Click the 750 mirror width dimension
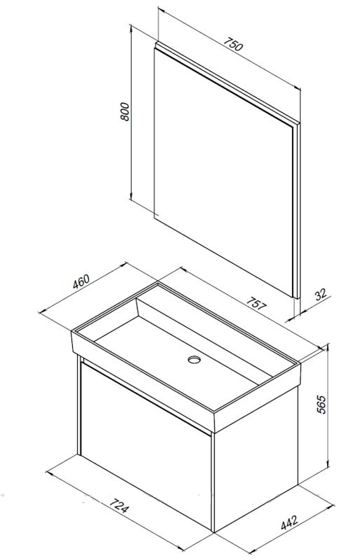pyautogui.click(x=233, y=44)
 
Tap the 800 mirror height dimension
pyautogui.click(x=124, y=111)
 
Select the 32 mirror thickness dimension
pyautogui.click(x=321, y=294)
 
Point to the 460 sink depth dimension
pyautogui.click(x=81, y=281)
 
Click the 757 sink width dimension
pyautogui.click(x=256, y=304)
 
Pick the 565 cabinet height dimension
pyautogui.click(x=321, y=405)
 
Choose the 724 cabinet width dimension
pyautogui.click(x=118, y=505)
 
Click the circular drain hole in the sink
pyautogui.click(x=194, y=359)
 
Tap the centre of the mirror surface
pyautogui.click(x=223, y=171)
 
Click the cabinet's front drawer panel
pyautogui.click(x=146, y=447)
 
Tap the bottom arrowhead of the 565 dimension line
pyautogui.click(x=327, y=465)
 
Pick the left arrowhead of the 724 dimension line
pyautogui.click(x=49, y=473)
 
